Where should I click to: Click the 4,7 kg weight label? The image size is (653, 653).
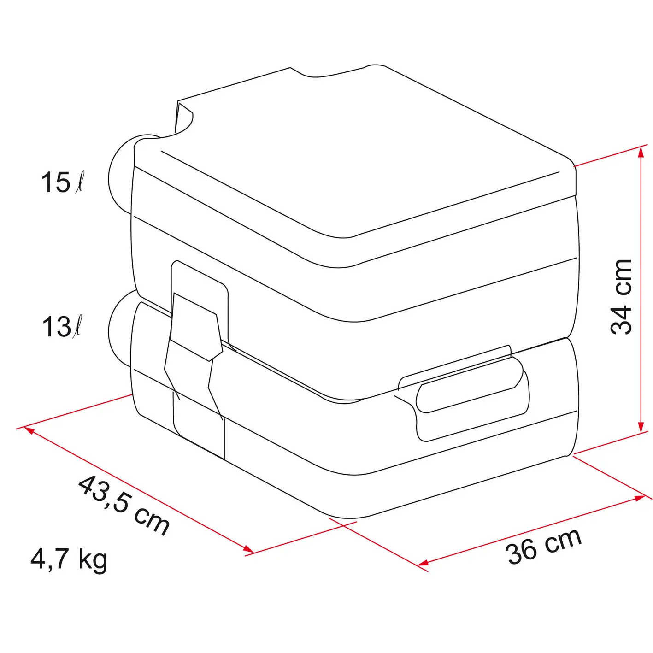tap(69, 560)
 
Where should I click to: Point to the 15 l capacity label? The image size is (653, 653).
tap(61, 182)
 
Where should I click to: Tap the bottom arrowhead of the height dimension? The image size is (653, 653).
tap(640, 426)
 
